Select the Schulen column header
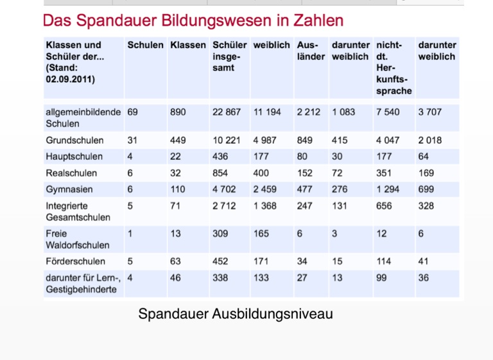[x=145, y=45]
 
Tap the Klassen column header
[x=188, y=45]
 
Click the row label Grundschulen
[x=71, y=140]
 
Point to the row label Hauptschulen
[x=71, y=157]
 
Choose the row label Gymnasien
[x=69, y=189]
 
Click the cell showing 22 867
[x=227, y=112]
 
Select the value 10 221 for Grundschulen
[x=226, y=140]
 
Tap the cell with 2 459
[x=266, y=189]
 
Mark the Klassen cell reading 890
[x=178, y=112]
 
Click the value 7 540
[x=388, y=112]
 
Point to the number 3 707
[x=430, y=112]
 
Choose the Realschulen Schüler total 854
[x=221, y=173]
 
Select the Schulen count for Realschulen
[x=130, y=173]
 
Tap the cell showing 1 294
[x=388, y=189]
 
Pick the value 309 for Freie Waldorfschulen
[x=221, y=234]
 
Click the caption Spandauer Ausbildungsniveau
[x=236, y=314]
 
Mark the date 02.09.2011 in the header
[x=70, y=80]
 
